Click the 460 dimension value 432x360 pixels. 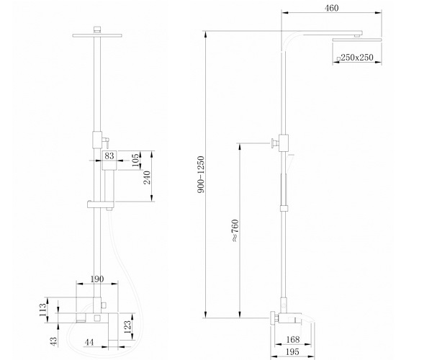331,8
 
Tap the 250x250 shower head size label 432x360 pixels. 357,58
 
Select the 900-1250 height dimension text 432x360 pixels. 201,174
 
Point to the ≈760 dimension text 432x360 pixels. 235,230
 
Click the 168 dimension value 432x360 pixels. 292,339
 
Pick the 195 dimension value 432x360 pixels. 292,351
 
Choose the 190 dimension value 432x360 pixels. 97,279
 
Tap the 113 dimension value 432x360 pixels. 42,310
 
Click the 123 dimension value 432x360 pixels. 127,327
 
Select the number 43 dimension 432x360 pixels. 54,341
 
